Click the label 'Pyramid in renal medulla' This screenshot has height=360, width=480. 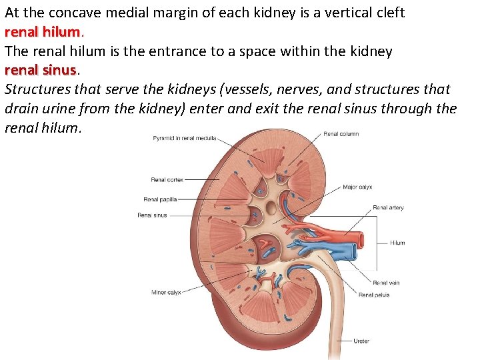[183, 139]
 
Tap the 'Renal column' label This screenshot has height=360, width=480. [341, 134]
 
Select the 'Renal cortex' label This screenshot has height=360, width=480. [167, 179]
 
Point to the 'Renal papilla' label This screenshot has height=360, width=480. [160, 199]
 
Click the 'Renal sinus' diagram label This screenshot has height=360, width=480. [152, 215]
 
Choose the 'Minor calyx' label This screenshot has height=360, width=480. [166, 292]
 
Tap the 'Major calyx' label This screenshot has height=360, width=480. [357, 187]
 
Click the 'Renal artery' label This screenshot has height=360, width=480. [388, 208]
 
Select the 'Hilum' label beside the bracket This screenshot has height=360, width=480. [397, 243]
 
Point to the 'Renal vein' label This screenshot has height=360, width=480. [386, 283]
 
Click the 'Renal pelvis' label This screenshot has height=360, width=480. [374, 295]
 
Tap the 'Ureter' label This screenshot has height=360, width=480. [361, 341]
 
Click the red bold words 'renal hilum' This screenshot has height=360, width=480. [43, 31]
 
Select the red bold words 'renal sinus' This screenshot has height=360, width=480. [41, 69]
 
